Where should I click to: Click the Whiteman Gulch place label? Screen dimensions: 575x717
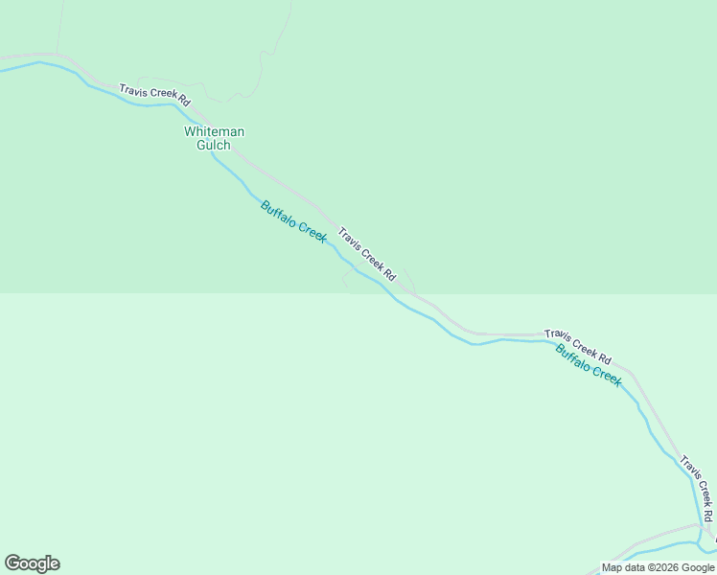(x=214, y=138)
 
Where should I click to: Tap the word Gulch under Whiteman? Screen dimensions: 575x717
(x=214, y=146)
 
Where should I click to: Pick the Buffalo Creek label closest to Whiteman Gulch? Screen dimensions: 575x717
(x=293, y=219)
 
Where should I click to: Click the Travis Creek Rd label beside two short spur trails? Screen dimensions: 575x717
(x=366, y=254)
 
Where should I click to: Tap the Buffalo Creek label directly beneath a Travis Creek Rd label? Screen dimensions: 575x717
(x=589, y=364)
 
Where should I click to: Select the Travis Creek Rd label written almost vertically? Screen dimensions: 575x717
(x=697, y=488)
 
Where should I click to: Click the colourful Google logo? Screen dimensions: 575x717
(x=32, y=563)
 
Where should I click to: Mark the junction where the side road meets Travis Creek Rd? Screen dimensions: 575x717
(x=703, y=525)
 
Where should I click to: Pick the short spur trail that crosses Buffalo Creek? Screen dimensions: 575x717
(x=347, y=277)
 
